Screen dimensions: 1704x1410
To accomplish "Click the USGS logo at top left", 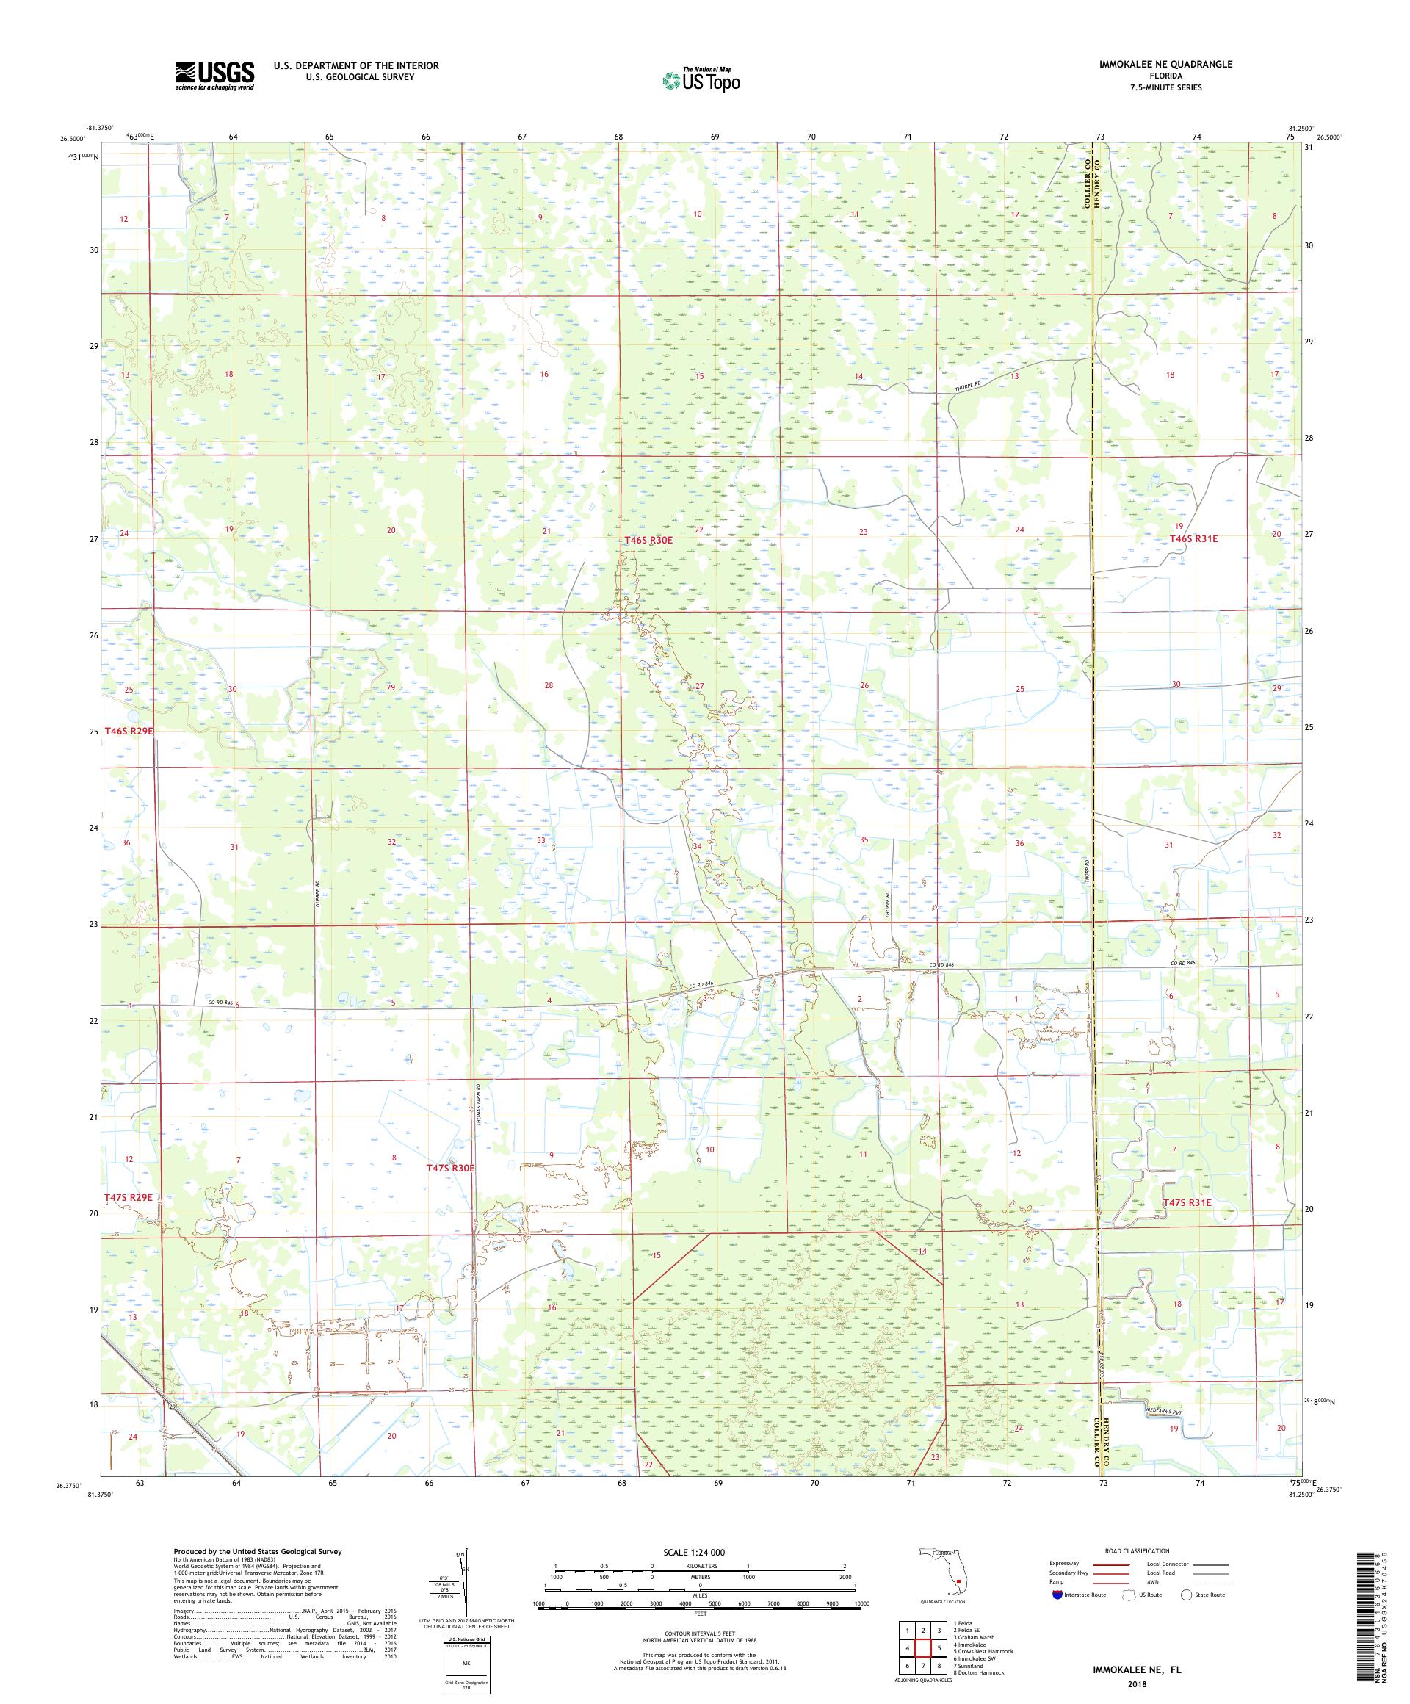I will click(214, 76).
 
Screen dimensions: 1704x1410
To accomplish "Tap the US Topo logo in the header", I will click(702, 79).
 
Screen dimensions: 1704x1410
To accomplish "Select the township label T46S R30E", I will click(648, 540).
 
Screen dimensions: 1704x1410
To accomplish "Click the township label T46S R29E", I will click(129, 730).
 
